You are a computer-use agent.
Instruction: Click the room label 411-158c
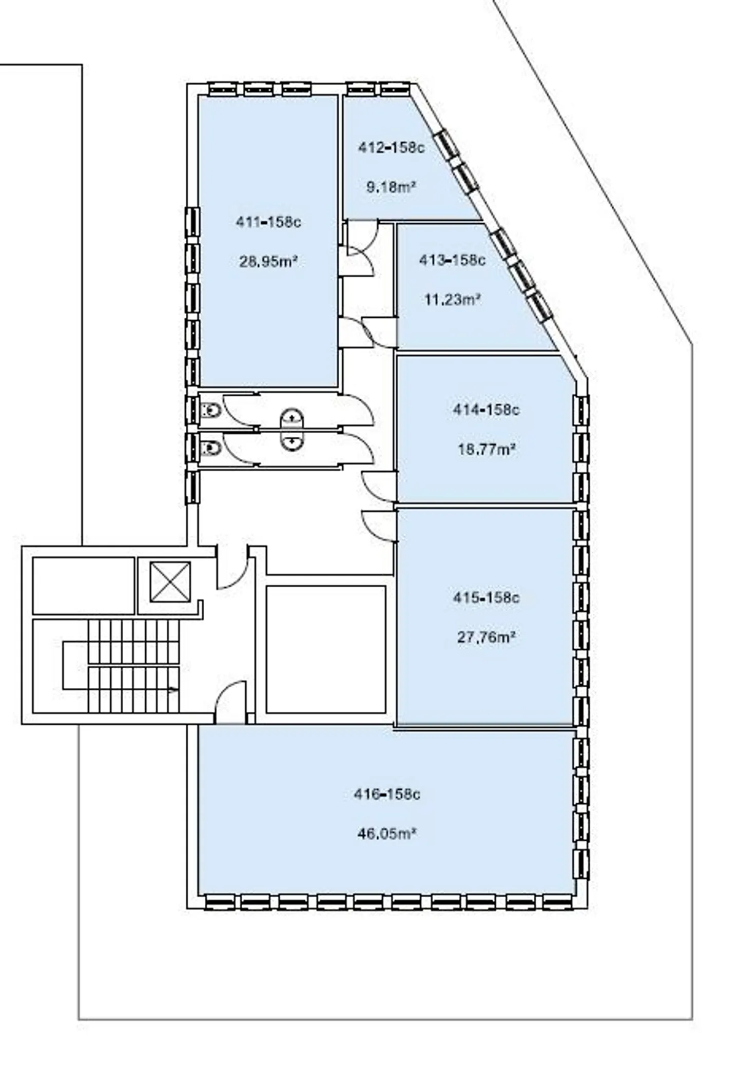tap(268, 222)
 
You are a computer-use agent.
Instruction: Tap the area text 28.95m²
tap(268, 262)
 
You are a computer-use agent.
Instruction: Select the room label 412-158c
tap(392, 148)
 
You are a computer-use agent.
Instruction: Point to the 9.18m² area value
tap(391, 187)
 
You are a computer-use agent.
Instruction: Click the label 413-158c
tap(452, 260)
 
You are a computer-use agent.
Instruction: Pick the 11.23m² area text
tap(452, 299)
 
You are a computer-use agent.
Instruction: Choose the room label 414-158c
tap(486, 410)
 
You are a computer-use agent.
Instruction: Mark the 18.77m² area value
tap(486, 450)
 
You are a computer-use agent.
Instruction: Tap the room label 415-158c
tap(486, 598)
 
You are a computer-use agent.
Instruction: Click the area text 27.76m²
tap(486, 637)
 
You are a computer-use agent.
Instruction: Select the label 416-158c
tap(387, 795)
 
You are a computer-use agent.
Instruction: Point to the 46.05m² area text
tap(386, 834)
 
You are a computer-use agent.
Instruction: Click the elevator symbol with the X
tap(170, 582)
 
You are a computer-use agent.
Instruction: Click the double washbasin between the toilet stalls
tap(292, 430)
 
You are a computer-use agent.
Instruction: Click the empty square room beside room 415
tap(326, 650)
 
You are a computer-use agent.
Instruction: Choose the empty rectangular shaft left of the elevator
tap(84, 586)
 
